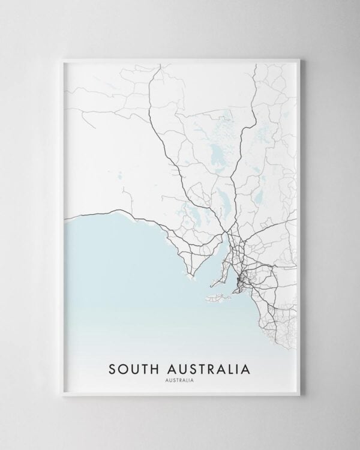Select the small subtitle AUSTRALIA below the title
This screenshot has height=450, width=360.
180,379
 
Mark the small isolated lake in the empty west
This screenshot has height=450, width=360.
120,176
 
